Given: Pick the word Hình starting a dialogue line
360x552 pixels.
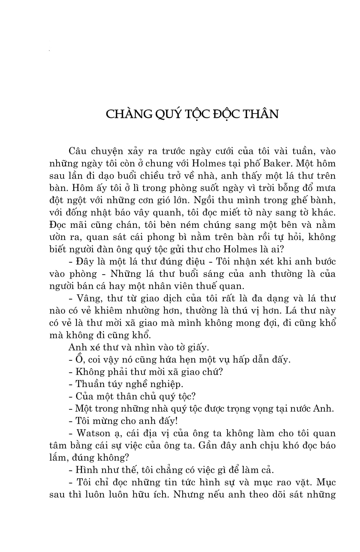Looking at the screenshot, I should pos(85,470).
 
